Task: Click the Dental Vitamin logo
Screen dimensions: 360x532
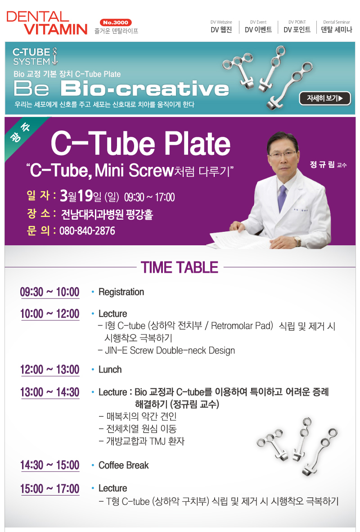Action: click(x=47, y=23)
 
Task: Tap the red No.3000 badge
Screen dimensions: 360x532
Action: click(x=116, y=23)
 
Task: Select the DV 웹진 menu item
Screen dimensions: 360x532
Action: click(x=221, y=27)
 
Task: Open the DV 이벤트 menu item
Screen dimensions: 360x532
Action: click(x=258, y=27)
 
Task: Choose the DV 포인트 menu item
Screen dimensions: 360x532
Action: click(x=297, y=27)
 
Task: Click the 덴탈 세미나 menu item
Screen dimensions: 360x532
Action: click(x=337, y=27)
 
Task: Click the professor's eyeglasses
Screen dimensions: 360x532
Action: click(x=282, y=154)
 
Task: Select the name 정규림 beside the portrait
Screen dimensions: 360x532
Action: click(x=322, y=165)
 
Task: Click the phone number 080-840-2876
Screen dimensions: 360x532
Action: click(x=87, y=231)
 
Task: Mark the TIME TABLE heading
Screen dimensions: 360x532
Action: click(x=180, y=267)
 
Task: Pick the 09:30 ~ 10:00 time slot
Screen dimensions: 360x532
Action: click(x=49, y=292)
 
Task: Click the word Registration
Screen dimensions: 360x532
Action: click(x=121, y=292)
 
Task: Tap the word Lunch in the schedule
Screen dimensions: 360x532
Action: click(x=110, y=370)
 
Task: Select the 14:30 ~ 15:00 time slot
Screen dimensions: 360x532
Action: click(x=50, y=465)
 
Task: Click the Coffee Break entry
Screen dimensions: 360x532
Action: click(x=123, y=465)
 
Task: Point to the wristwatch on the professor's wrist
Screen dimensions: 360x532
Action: click(x=297, y=242)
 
